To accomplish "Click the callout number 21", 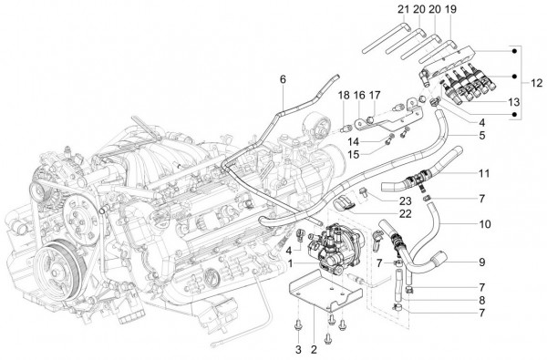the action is coord(403,9).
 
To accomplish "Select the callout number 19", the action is coord(450,9).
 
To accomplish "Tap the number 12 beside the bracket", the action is coord(537,83).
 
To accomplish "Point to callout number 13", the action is coord(514,102).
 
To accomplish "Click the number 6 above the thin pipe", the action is coord(283,79).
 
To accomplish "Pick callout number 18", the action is coord(344,95).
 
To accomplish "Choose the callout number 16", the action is coord(359,95).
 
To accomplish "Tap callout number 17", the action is coord(375,95).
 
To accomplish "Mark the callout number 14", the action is coord(354,142).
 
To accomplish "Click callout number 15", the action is coord(354,155).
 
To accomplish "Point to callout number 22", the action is coord(406,213).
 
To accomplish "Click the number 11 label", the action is coord(484,173).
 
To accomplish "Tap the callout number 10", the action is coord(485,224).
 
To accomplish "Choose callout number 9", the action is coord(481,262).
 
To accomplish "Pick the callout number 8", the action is coord(481,301).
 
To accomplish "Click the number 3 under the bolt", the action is coord(298,349).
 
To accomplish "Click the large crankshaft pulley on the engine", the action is coord(60,269).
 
